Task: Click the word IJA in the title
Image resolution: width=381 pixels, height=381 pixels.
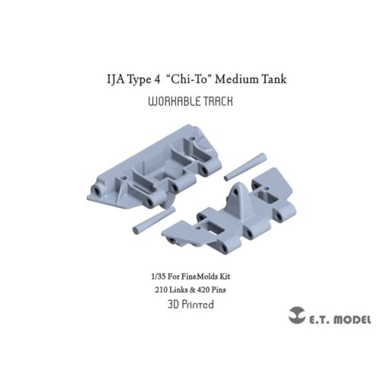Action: (x=116, y=78)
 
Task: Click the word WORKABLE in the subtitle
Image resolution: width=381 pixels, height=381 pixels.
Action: (x=171, y=100)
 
